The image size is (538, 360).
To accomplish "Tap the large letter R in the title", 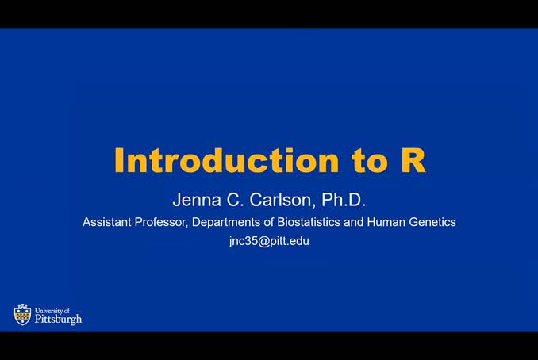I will [x=413, y=161].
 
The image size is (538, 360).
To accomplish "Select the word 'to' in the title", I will [x=368, y=161].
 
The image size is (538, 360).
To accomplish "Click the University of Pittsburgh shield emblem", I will [x=22, y=315].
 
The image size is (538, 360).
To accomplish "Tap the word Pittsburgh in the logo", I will [x=58, y=320].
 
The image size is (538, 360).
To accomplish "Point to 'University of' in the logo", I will [x=52, y=311].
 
